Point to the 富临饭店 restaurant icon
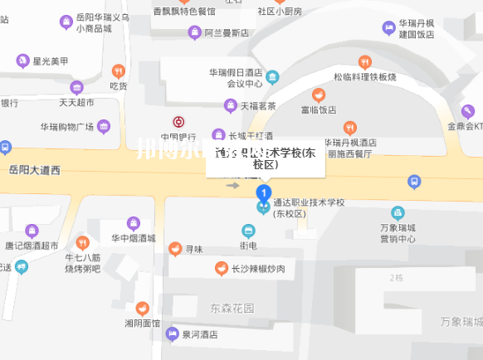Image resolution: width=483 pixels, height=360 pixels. (318, 95)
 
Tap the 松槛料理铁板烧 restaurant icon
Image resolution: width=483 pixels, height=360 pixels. (365, 62)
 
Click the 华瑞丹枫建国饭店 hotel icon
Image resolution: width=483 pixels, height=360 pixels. (388, 28)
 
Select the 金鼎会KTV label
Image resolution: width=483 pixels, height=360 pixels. (466, 127)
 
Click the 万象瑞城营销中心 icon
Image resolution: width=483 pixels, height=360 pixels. (398, 212)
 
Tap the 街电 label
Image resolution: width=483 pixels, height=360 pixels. (248, 246)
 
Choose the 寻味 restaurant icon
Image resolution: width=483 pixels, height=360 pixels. (174, 248)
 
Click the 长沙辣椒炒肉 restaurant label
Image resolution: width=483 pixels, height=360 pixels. (257, 269)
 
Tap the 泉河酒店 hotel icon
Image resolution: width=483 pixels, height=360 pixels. (172, 335)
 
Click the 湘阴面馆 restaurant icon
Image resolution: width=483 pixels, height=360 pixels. (142, 308)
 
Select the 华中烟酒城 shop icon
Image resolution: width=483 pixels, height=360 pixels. (133, 222)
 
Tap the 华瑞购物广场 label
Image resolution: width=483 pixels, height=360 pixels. (66, 127)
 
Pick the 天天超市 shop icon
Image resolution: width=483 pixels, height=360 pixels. (76, 87)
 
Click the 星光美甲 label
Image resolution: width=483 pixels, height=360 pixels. (50, 61)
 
